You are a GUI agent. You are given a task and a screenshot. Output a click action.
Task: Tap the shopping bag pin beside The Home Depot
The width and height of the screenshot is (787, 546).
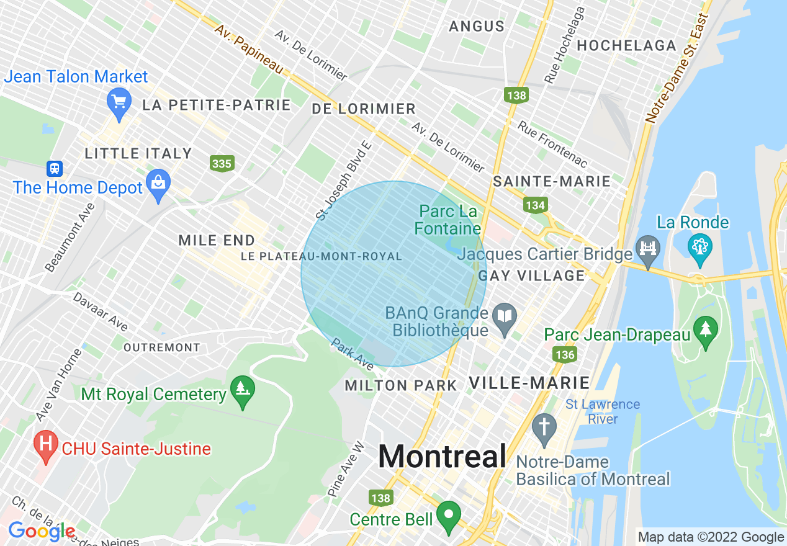tap(158, 184)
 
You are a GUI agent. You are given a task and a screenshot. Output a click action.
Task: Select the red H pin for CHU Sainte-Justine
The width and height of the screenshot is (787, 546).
tap(45, 445)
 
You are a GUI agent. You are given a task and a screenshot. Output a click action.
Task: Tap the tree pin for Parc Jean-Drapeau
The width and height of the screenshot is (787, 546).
tap(705, 329)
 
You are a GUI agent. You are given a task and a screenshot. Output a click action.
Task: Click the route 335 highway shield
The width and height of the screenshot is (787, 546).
tap(222, 164)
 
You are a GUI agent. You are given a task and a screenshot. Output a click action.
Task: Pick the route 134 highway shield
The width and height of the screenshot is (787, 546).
tap(535, 205)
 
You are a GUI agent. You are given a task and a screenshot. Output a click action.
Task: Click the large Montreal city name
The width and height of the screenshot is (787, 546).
tap(442, 457)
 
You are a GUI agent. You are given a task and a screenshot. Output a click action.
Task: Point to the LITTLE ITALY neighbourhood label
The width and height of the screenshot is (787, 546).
tap(138, 153)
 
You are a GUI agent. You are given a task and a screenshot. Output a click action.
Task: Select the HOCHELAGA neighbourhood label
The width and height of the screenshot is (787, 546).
tap(626, 45)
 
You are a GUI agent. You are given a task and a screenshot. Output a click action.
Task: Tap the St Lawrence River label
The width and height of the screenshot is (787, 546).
tap(602, 412)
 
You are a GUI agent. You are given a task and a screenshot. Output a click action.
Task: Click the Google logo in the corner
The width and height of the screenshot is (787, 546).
tap(42, 531)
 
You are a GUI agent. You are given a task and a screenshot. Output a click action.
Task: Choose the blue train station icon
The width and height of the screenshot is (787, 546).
tap(55, 168)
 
